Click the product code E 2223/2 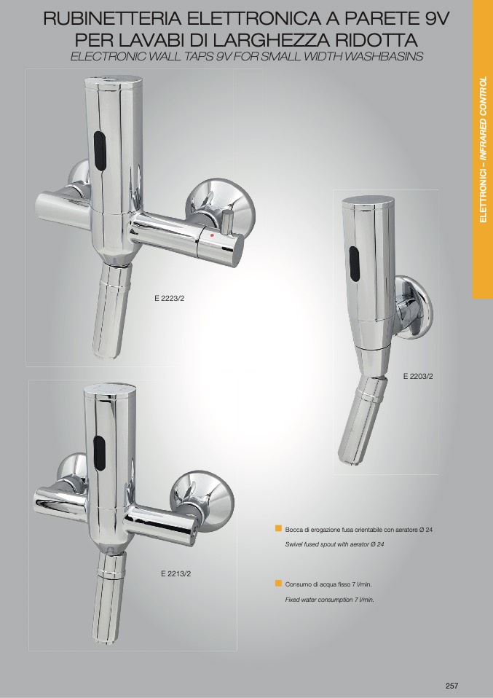coord(169,299)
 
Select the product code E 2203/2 coord(418,376)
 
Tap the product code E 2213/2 coord(175,574)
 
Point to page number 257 coord(451,686)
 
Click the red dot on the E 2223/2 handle coord(212,235)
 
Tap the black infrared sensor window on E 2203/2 coord(354,264)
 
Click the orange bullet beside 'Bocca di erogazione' coord(278,528)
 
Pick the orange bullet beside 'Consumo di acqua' coord(278,583)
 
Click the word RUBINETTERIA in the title coord(112,19)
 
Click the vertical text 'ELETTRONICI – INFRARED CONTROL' coord(483,149)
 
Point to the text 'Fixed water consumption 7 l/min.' coord(330,600)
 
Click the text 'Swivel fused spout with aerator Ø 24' coord(334,544)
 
